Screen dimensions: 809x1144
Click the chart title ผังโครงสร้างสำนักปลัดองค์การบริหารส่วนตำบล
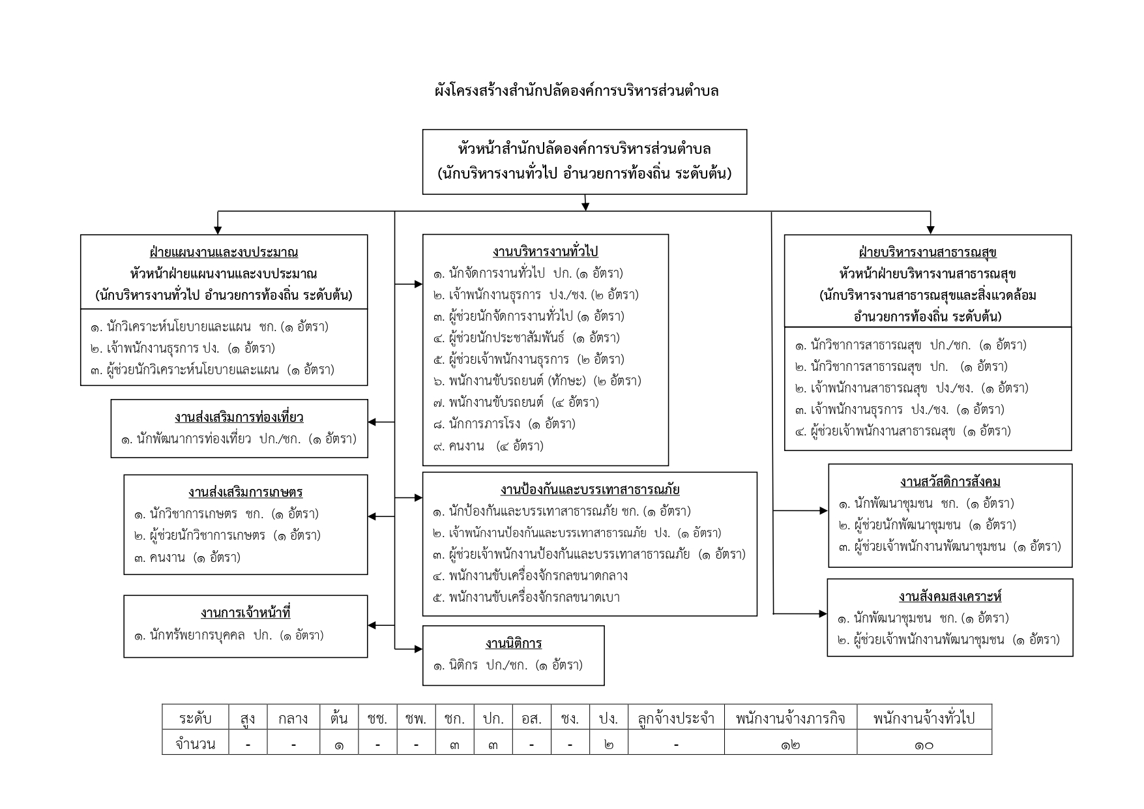pyautogui.click(x=576, y=91)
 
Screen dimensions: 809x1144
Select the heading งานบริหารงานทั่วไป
pyautogui.click(x=545, y=252)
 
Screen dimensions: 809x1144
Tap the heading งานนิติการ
pyautogui.click(x=514, y=643)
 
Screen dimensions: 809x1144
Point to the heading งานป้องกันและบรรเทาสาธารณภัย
pyautogui.click(x=590, y=490)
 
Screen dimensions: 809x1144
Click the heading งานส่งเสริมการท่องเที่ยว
pyautogui.click(x=239, y=417)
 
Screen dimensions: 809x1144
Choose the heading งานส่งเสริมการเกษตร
pyautogui.click(x=245, y=492)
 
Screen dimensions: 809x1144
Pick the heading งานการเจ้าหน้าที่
pyautogui.click(x=245, y=613)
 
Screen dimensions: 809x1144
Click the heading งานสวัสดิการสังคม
pyautogui.click(x=950, y=482)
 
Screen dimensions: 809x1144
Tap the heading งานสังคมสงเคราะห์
pyautogui.click(x=950, y=596)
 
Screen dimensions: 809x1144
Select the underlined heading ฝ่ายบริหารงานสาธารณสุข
pyautogui.click(x=927, y=252)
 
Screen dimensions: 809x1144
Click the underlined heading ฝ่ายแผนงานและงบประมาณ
pyautogui.click(x=224, y=252)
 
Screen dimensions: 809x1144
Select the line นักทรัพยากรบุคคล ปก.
pyautogui.click(x=228, y=635)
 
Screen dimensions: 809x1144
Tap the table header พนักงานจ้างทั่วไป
pyautogui.click(x=924, y=718)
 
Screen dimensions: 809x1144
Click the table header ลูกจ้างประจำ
pyautogui.click(x=676, y=718)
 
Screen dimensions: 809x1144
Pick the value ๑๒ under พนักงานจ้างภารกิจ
pyautogui.click(x=790, y=744)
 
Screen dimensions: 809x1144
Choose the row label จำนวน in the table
pyautogui.click(x=196, y=744)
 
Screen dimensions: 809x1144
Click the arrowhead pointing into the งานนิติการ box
pyautogui.click(x=418, y=649)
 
